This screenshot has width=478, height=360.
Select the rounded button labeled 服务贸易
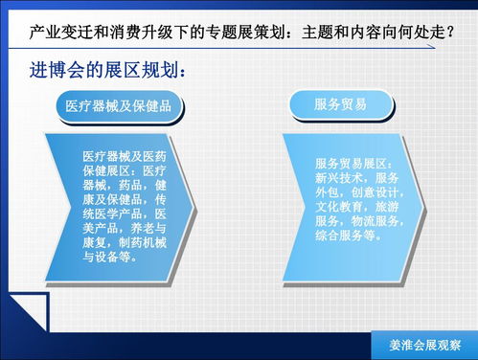(x=340, y=103)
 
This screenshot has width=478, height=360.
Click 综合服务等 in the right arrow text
(x=347, y=235)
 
